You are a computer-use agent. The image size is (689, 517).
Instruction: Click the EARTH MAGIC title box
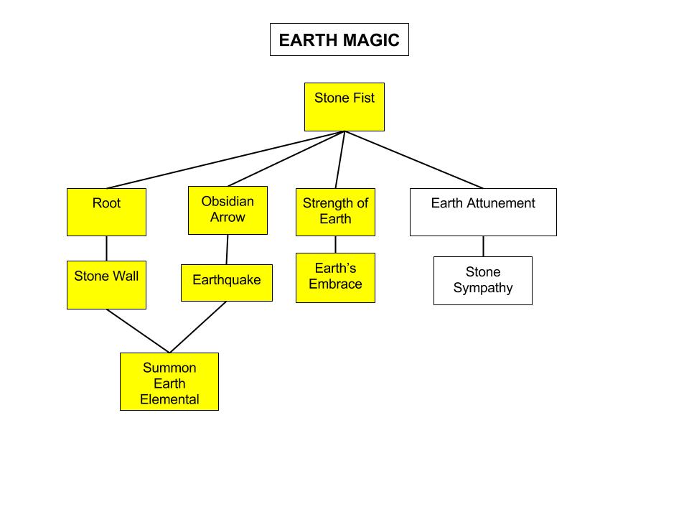coord(339,39)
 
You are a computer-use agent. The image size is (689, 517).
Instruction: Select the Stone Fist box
coord(344,107)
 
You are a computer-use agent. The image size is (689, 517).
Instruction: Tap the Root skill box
coord(106,212)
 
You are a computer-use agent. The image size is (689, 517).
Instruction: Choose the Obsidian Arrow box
coord(228,210)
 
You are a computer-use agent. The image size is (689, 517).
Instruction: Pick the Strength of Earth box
coord(335,212)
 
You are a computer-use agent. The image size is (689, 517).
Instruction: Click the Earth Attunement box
coord(483,212)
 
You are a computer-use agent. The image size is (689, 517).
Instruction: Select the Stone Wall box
coord(106,285)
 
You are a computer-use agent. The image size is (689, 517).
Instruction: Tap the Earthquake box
coord(227,283)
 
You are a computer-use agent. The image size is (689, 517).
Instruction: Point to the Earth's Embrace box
coord(335,278)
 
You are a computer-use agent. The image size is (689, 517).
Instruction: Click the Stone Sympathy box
coord(483,281)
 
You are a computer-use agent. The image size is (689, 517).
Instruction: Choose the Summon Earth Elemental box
coord(169,381)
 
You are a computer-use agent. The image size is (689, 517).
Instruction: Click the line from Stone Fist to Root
coord(225,160)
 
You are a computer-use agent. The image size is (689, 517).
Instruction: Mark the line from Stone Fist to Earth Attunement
coord(414,160)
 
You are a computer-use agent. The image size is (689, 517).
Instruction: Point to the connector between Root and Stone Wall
coord(106,248)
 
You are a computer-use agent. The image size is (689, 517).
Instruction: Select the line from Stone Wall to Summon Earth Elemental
coord(138,331)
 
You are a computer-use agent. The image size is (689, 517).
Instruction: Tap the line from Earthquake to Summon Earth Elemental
coord(198,327)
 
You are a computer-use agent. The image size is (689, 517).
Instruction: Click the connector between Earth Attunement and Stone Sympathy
coord(483,246)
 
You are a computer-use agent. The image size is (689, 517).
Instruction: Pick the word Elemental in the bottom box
coord(169,399)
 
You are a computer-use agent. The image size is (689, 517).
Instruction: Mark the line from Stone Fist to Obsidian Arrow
coord(287,159)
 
